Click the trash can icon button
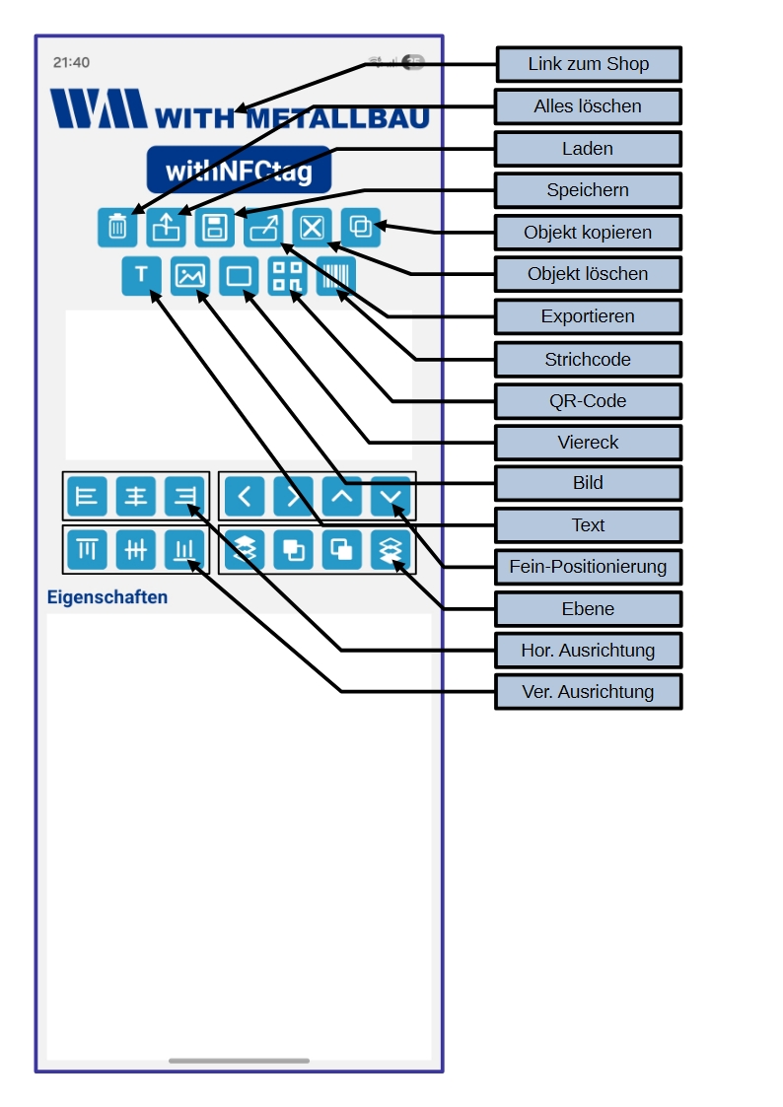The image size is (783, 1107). [117, 228]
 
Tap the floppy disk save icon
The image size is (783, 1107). [214, 228]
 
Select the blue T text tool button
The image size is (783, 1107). [141, 276]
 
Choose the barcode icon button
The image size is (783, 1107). [335, 276]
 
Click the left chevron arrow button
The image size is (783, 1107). [245, 496]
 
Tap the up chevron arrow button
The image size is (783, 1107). [342, 496]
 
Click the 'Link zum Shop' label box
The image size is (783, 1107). [588, 64]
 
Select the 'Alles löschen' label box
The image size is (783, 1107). [588, 106]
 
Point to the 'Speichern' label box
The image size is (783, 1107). [588, 190]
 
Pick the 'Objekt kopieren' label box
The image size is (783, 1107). [588, 233]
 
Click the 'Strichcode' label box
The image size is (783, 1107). [588, 360]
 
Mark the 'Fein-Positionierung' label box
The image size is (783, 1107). [588, 567]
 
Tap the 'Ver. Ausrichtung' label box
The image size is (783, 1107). [588, 692]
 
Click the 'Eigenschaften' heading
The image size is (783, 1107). [107, 597]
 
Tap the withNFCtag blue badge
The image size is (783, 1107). [239, 171]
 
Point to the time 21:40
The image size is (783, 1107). [71, 62]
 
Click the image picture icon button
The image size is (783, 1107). [189, 276]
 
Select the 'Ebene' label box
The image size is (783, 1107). [588, 609]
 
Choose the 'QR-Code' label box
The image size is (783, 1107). [588, 401]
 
